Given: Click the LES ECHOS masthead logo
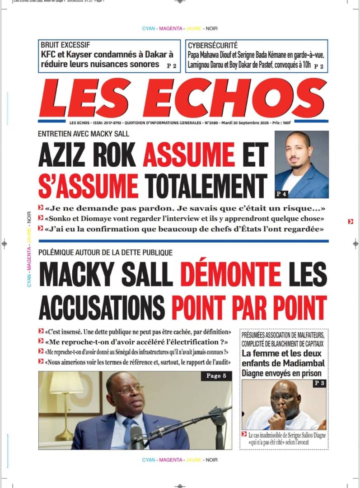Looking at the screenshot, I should pyautogui.click(x=183, y=98).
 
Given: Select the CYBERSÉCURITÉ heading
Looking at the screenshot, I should pyautogui.click(x=212, y=45).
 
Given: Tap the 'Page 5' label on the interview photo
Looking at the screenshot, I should pyautogui.click(x=214, y=376).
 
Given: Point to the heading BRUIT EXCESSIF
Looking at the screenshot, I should pyautogui.click(x=65, y=45).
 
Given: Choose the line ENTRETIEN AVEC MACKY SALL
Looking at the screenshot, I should pyautogui.click(x=84, y=134).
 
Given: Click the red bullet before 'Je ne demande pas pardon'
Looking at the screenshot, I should pyautogui.click(x=41, y=208).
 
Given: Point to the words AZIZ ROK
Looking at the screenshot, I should pyautogui.click(x=87, y=155).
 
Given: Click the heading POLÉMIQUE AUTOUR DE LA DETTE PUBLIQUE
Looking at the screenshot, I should pyautogui.click(x=105, y=253).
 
